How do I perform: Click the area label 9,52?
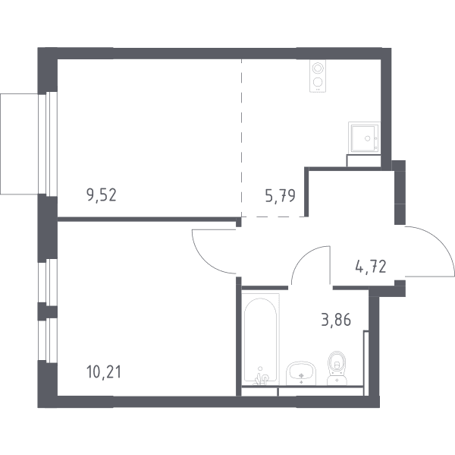102,195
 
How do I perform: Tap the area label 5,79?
281,196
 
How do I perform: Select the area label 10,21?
104,372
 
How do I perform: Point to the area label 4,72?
371,267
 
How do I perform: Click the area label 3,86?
336,320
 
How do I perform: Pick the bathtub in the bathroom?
260,340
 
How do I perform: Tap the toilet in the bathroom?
337,368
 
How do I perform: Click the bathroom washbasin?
301,373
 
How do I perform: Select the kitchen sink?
364,137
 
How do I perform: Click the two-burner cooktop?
318,76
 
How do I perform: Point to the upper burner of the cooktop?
318,68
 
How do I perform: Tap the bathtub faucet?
261,377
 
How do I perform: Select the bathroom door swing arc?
305,255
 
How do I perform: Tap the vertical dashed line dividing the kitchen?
241,137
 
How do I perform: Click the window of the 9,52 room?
48,144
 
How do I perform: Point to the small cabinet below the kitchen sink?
363,161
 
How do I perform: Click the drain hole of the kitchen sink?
368,138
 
